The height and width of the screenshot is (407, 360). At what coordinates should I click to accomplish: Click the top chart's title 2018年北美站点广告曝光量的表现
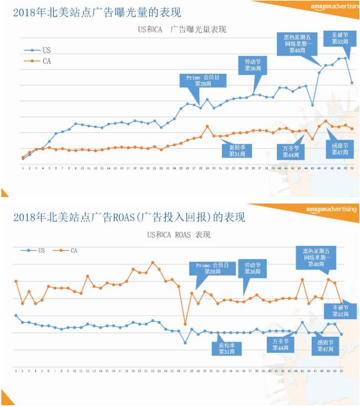point(97,12)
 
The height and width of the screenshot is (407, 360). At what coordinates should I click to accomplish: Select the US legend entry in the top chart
point(38,50)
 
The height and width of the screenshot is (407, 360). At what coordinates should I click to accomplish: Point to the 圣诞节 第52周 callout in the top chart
point(336,39)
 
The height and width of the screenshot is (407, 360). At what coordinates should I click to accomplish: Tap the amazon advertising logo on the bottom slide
point(332,210)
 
